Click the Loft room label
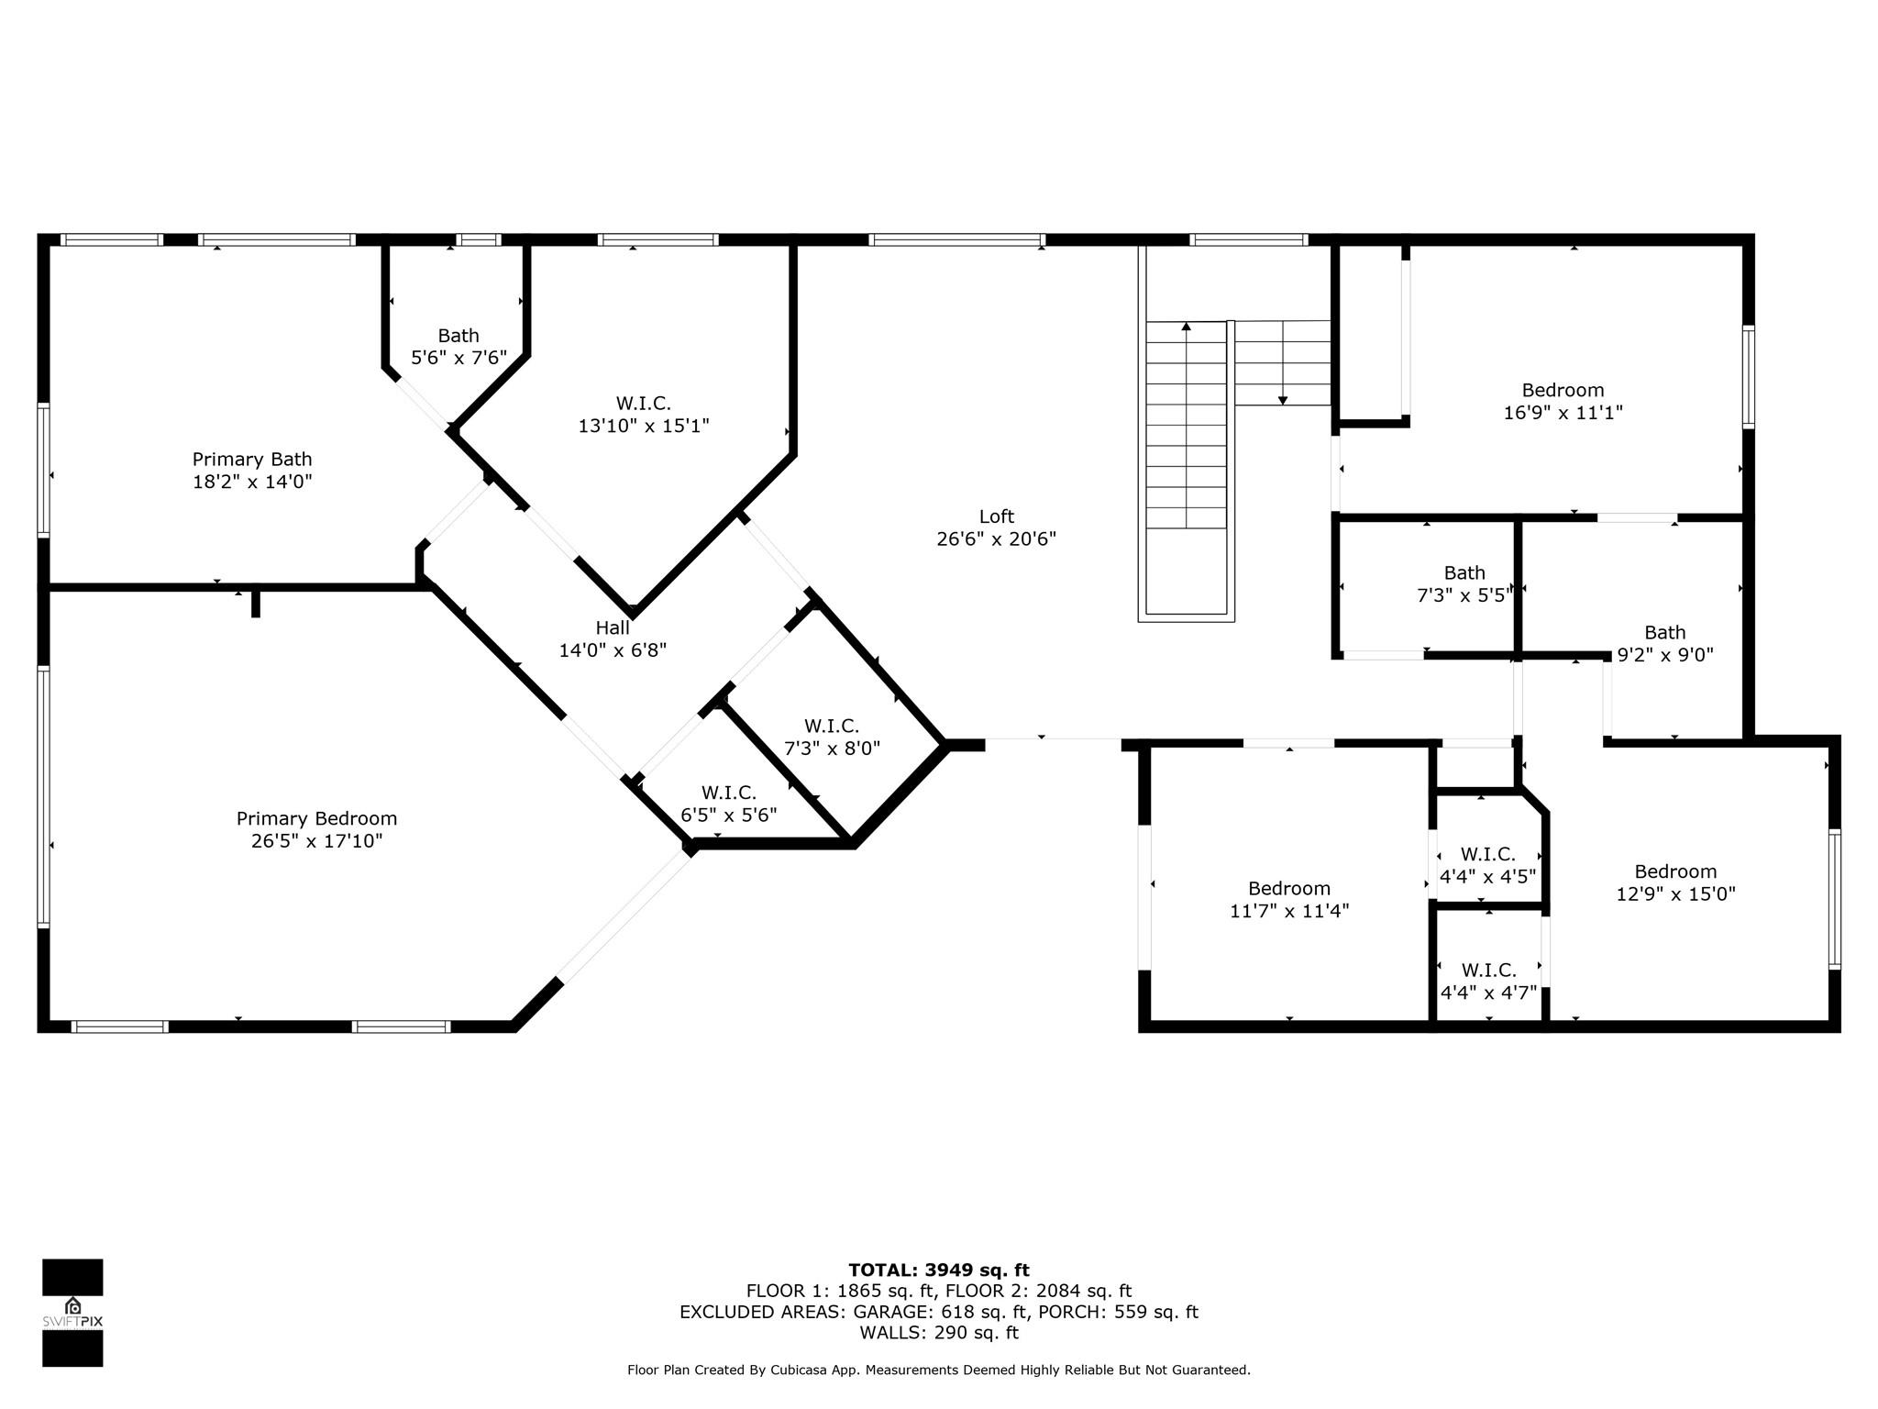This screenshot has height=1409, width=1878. click(x=996, y=516)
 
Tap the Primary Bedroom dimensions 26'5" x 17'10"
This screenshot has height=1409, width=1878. click(x=316, y=841)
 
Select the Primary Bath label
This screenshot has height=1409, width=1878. click(x=252, y=460)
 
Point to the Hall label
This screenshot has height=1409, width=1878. click(x=613, y=627)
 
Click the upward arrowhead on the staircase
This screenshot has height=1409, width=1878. click(x=1187, y=326)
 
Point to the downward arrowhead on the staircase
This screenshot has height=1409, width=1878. click(x=1283, y=400)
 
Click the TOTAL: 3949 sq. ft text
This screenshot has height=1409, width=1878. click(x=939, y=1270)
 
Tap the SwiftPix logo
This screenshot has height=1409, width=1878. click(x=72, y=1313)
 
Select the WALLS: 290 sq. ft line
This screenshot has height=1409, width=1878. click(x=939, y=1333)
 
